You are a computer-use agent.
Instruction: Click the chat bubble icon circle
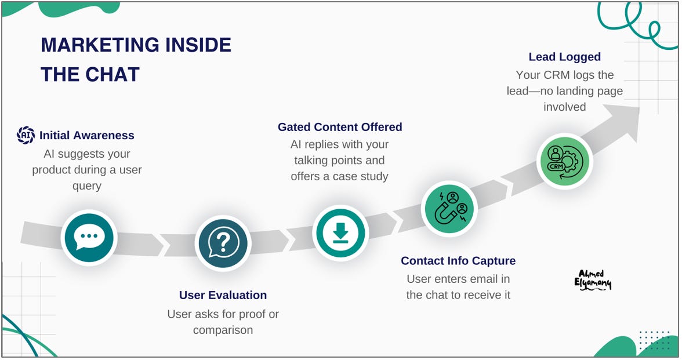pos(89,237)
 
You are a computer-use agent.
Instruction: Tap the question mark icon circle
pos(223,243)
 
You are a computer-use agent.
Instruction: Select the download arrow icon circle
pos(340,233)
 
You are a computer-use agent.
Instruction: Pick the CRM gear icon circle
pos(563,161)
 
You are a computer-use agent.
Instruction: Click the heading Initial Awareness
pos(87,136)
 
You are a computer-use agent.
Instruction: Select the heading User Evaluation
pos(223,295)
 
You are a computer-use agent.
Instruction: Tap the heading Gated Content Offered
pos(340,127)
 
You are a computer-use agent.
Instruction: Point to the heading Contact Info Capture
pos(458,261)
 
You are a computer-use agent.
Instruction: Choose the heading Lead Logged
pos(564,57)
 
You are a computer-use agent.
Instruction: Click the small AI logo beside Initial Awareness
pos(26,135)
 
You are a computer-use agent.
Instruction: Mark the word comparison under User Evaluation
pos(223,330)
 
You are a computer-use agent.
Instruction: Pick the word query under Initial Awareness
pos(87,186)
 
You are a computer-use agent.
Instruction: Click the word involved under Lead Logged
pos(564,107)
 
